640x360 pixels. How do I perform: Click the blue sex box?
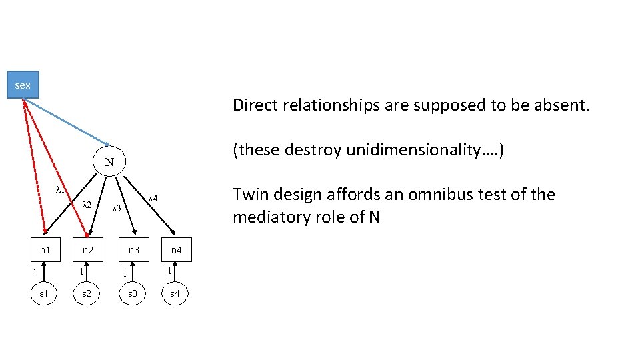coord(23,85)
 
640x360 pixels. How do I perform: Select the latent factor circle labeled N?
coord(109,162)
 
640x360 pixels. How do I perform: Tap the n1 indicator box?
coord(45,251)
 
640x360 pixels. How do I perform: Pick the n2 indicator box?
coord(87,251)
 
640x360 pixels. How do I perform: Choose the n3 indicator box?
coord(134,251)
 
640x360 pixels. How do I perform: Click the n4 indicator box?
coord(176,251)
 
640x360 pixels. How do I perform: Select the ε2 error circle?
coord(87,294)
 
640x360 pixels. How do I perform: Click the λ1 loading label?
coord(60,189)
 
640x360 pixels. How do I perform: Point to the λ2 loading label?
coord(86,205)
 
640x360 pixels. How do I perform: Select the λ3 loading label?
coord(116,208)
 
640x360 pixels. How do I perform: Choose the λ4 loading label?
coord(152,197)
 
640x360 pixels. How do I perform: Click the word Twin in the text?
coord(249,195)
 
